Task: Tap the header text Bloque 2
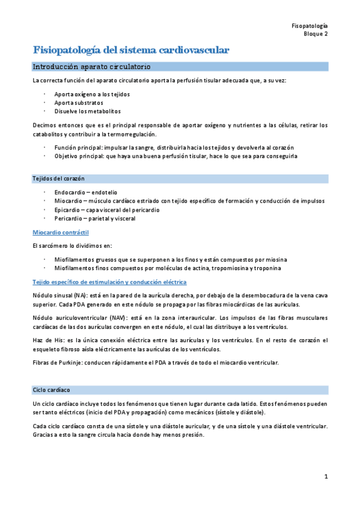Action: (316, 35)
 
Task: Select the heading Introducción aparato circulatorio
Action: (91, 66)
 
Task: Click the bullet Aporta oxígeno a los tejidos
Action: (91, 94)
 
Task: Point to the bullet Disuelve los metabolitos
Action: (87, 111)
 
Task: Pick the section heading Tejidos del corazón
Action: (58, 179)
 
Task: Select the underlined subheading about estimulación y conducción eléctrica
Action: (109, 282)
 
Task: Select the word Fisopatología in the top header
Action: (309, 26)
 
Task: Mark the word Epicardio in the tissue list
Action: (68, 210)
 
